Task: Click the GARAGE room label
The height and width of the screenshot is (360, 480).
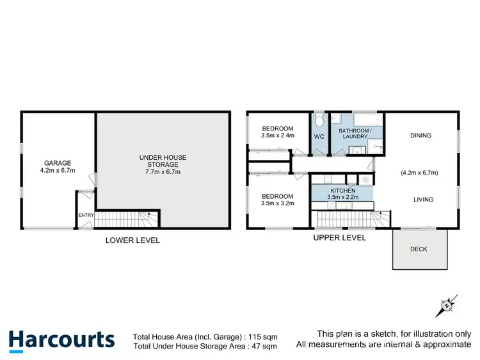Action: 58,163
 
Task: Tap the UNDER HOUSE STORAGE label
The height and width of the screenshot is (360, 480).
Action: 160,160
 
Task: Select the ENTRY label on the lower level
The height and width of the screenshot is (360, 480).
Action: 86,215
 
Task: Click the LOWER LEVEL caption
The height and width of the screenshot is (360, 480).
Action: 132,240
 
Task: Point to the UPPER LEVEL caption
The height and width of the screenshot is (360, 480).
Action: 339,238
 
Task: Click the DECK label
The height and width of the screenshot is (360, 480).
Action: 418,249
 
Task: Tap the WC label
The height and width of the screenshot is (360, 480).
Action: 319,136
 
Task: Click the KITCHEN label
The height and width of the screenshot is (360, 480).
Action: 342,191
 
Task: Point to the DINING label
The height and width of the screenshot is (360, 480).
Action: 420,136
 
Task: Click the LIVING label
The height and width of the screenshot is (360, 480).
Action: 423,200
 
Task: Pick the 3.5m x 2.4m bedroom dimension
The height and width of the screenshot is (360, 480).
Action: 277,136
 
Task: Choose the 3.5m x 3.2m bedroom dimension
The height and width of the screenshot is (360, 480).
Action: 277,204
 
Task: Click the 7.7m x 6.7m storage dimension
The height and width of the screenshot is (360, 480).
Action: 160,172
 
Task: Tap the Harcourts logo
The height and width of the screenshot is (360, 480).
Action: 61,340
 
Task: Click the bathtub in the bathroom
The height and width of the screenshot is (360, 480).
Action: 367,120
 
